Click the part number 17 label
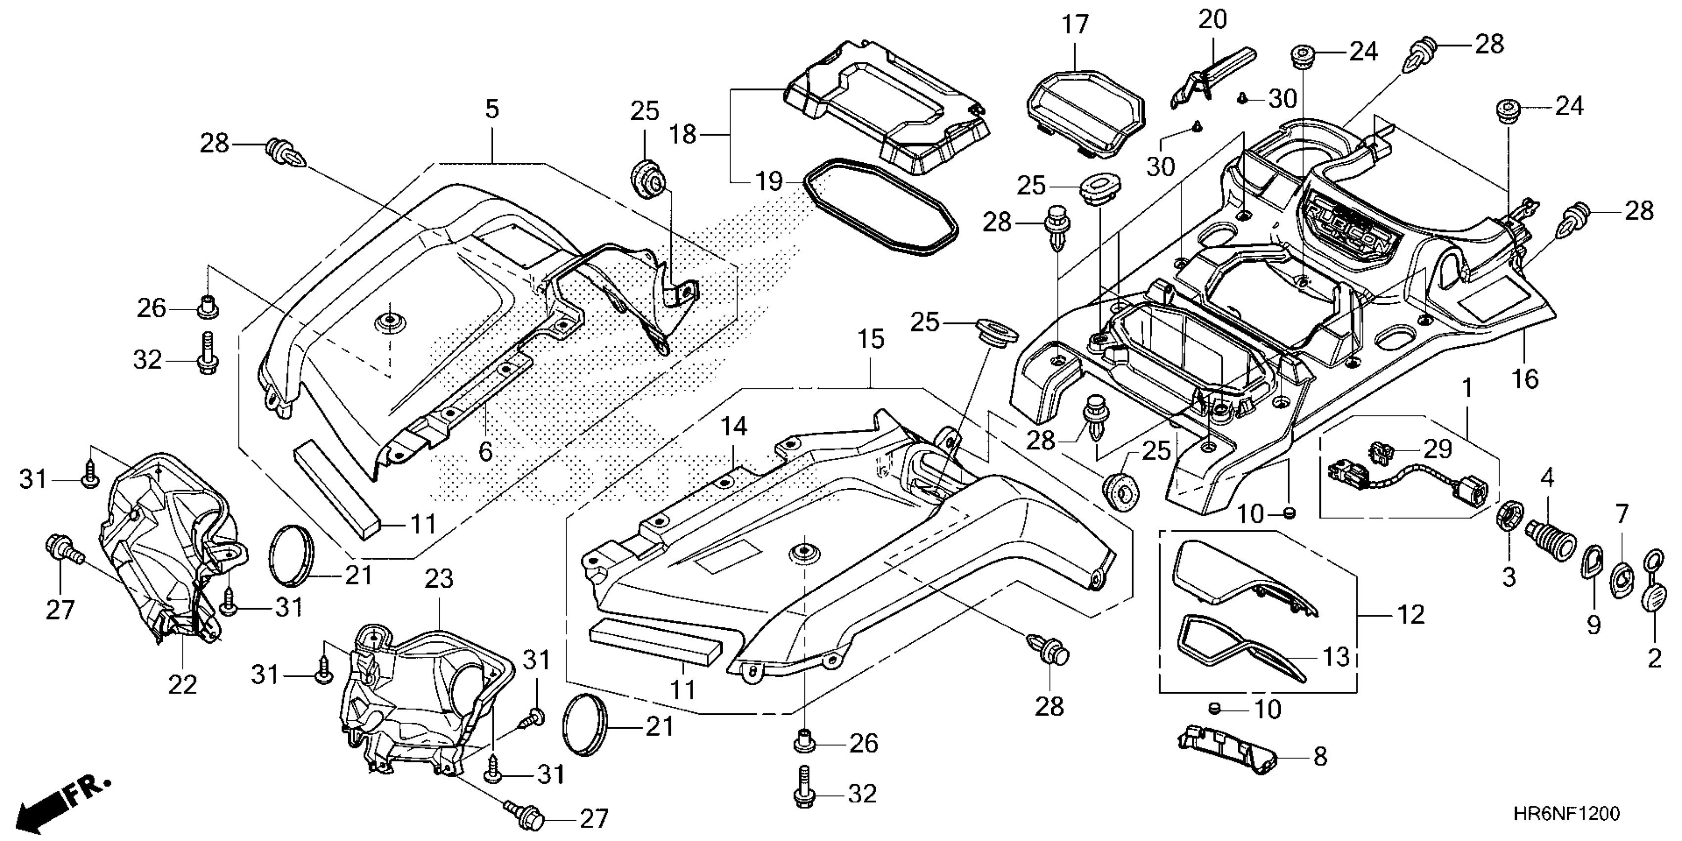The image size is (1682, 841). tap(1075, 25)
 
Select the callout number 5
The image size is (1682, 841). tap(492, 109)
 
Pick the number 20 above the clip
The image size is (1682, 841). tap(1213, 20)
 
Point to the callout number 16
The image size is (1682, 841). tap(1526, 379)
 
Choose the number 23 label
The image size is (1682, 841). tap(438, 578)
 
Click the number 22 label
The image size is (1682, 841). tap(182, 685)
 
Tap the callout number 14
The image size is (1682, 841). tap(734, 427)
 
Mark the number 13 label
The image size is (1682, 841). tap(1336, 657)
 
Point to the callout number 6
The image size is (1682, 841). tap(485, 451)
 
